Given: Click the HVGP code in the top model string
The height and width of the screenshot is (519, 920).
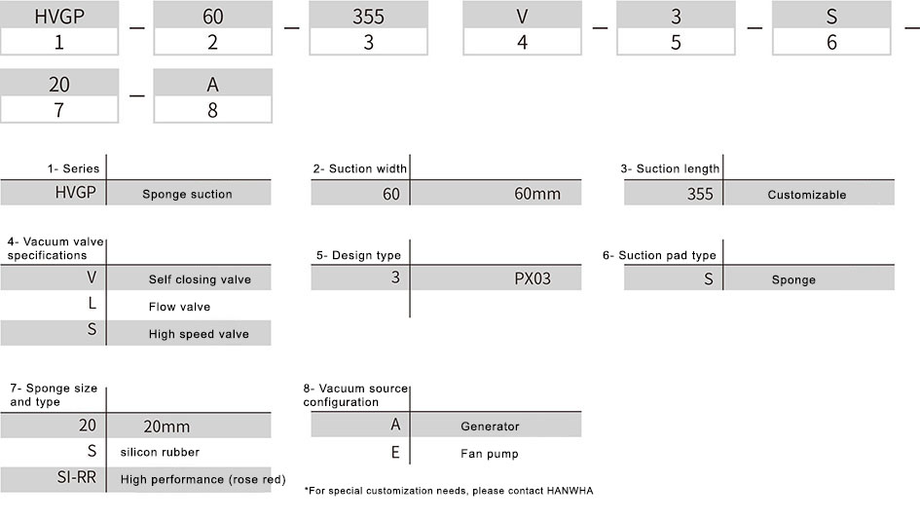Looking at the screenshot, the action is coord(59,17).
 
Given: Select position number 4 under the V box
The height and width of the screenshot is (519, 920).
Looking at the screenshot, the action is coord(522,42).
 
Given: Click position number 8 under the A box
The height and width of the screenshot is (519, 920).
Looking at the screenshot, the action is coord(212,110).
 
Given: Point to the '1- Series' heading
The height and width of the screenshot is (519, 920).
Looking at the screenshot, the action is coord(73,168).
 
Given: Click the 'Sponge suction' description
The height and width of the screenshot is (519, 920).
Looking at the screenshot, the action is coord(187,195).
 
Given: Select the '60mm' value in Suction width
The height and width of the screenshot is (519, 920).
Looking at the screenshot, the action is coord(537,194).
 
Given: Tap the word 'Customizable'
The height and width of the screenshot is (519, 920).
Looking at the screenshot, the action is coord(807,195).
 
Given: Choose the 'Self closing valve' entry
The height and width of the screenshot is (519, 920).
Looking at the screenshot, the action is coord(200,279).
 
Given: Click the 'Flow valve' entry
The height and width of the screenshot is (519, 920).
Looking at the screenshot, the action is coord(179,307).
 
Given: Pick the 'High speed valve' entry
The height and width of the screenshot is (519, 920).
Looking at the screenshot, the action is coord(199,334).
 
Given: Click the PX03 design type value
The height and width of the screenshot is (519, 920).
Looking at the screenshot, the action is coord(533,278).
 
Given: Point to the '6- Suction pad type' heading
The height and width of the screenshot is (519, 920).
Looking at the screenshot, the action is coord(659,255).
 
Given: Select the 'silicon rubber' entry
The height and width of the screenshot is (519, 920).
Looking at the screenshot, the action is coord(160,452).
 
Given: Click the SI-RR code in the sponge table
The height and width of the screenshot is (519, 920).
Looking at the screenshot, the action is coord(76,477).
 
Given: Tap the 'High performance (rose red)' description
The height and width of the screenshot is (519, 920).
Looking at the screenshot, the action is coord(203,479).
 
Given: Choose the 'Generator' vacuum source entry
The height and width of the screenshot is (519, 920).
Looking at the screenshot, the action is coord(490,426).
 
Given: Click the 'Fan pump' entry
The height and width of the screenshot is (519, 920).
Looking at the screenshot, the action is coord(490,454).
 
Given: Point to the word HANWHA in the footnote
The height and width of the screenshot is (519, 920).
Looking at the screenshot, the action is coord(570,491).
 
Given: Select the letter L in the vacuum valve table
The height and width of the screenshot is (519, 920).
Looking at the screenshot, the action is coord(92,303).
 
